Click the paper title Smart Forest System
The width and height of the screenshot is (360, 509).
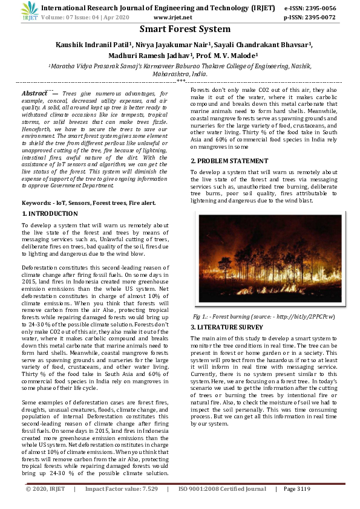pos(185,29)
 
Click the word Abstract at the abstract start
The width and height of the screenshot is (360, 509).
pos(34,94)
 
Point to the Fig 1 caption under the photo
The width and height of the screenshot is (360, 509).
pos(264,316)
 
